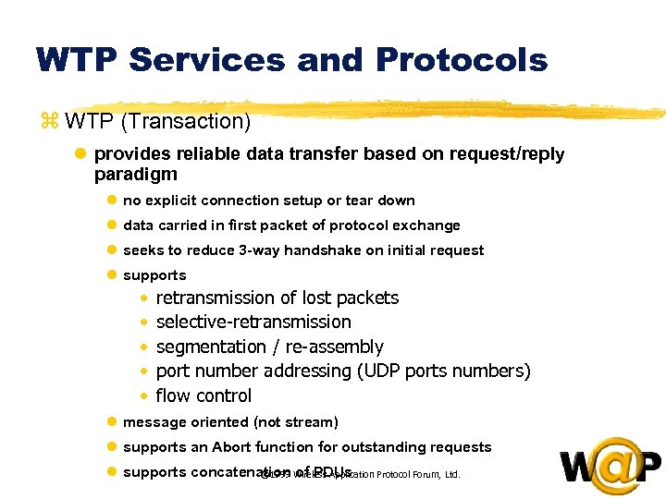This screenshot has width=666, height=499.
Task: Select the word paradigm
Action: click(x=136, y=174)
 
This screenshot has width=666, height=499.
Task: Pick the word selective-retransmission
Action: click(x=253, y=322)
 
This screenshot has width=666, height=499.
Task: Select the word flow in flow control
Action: click(x=172, y=396)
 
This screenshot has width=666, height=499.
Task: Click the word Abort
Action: click(x=231, y=447)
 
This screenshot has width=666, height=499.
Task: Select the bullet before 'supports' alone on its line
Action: click(x=111, y=275)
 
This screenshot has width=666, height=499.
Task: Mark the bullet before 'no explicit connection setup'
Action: click(x=111, y=201)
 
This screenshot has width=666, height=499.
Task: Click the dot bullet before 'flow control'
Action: click(x=144, y=396)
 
